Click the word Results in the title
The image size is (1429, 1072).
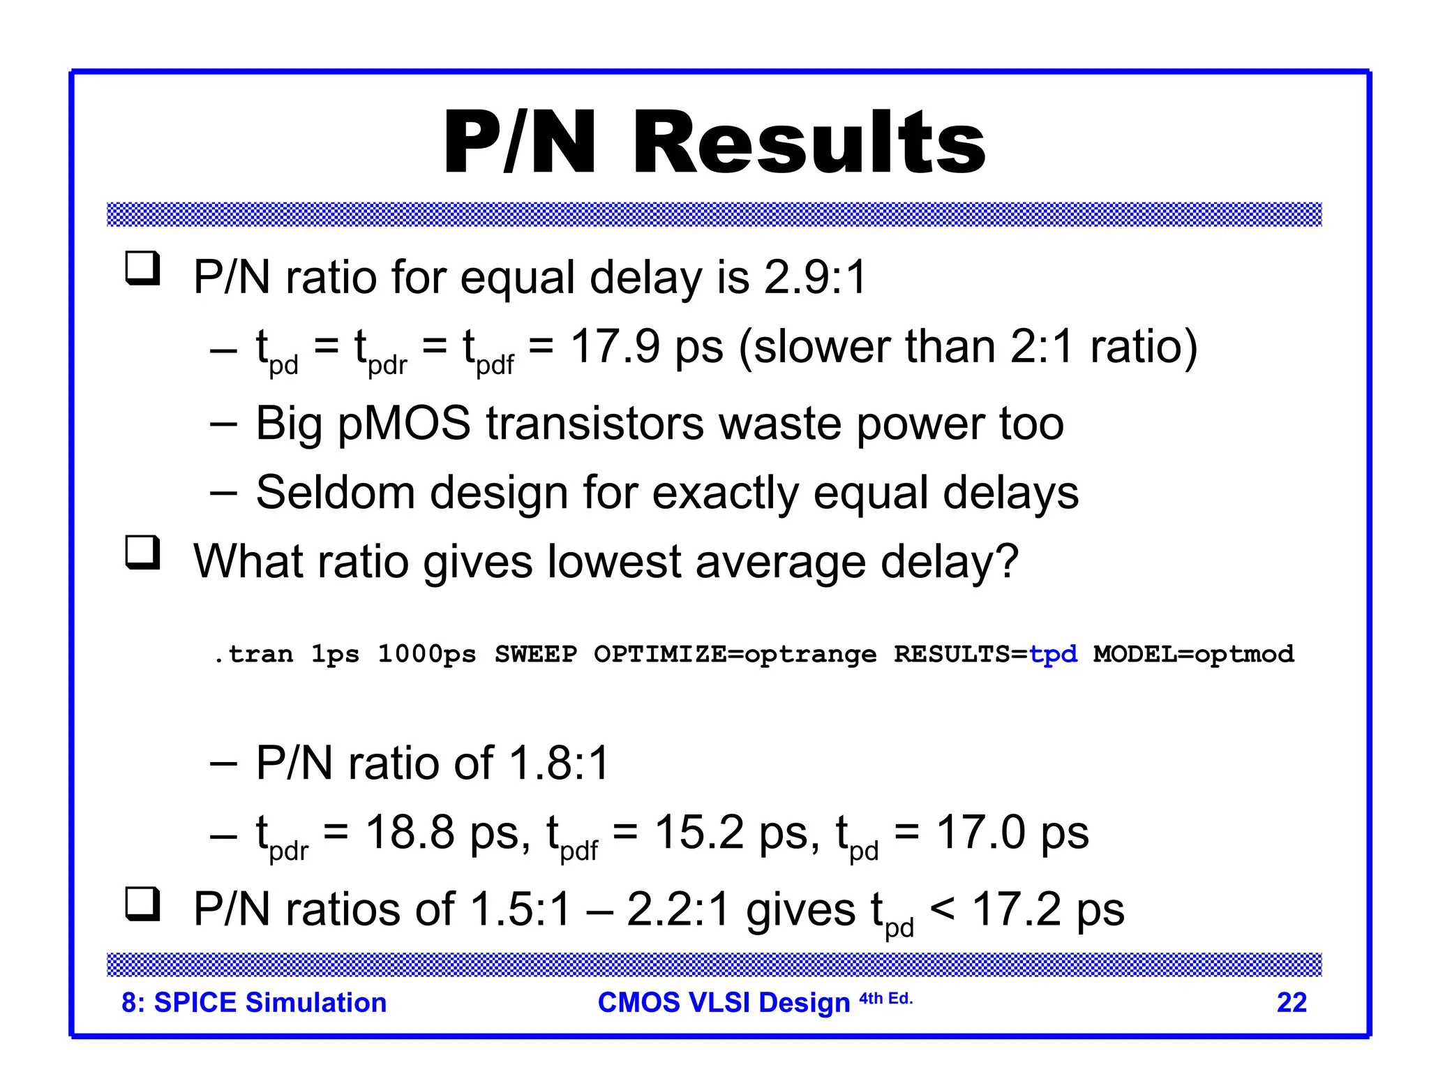click(809, 143)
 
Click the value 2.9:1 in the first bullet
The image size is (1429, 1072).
click(815, 277)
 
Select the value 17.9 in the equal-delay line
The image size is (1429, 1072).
click(615, 347)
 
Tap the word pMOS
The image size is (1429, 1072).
click(404, 424)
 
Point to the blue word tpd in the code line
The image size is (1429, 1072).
click(1053, 654)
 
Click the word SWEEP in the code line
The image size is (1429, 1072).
click(536, 654)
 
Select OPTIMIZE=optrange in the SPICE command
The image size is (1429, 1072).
click(735, 654)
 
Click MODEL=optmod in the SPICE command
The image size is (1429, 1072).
click(1193, 654)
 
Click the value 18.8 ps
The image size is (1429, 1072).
click(447, 833)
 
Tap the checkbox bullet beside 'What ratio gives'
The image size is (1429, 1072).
click(143, 552)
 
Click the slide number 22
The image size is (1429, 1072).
click(1292, 1003)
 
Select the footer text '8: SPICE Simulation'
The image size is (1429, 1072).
click(254, 1003)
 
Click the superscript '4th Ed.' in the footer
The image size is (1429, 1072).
click(885, 999)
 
